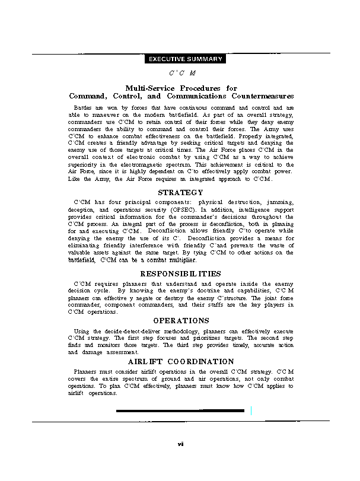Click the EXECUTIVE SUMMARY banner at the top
[x=184, y=59]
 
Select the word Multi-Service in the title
[x=149, y=88]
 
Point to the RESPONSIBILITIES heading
[x=180, y=274]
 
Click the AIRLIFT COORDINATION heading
[x=181, y=361]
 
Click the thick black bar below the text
[x=180, y=410]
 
